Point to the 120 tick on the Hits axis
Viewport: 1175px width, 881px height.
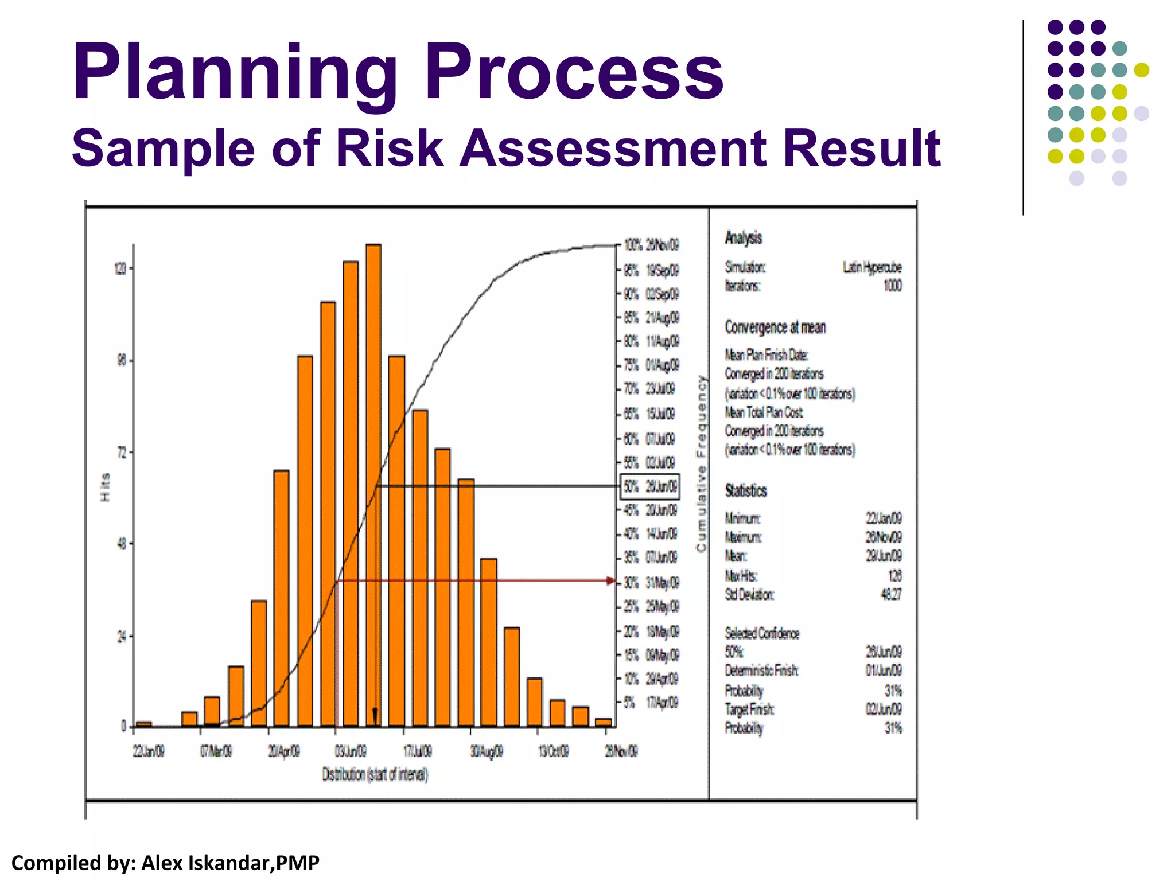coord(120,269)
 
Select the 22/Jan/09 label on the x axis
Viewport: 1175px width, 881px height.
coord(149,751)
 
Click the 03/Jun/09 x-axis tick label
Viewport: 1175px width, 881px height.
coord(351,751)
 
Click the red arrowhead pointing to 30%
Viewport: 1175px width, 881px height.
coord(612,581)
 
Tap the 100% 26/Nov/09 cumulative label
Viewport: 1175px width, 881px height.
coord(652,245)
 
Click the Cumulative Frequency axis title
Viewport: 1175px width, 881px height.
coord(701,463)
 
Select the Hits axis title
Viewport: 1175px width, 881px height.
coord(106,487)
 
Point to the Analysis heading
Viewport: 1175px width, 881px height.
coord(743,238)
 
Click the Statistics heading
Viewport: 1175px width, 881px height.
coord(745,491)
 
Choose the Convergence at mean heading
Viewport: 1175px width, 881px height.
coord(775,328)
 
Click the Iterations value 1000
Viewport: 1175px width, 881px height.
coord(892,286)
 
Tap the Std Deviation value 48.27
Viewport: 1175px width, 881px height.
coord(890,594)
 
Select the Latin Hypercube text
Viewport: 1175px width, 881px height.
coord(871,267)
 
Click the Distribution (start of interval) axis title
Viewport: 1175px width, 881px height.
coord(375,775)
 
